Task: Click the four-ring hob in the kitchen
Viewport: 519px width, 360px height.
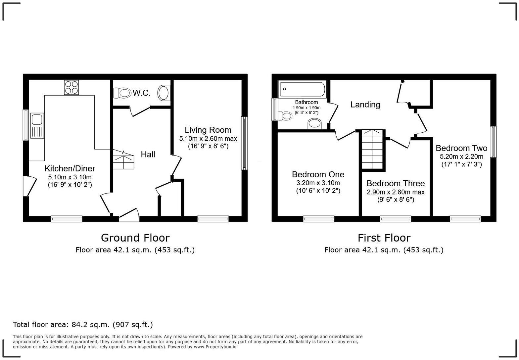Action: pyautogui.click(x=72, y=87)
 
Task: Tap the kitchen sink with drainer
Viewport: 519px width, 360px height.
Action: pyautogui.click(x=37, y=125)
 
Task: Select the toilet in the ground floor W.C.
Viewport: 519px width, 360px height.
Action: pyautogui.click(x=122, y=93)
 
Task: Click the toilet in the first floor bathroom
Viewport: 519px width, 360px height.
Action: pyautogui.click(x=285, y=116)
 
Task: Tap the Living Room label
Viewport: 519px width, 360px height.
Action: pyautogui.click(x=208, y=130)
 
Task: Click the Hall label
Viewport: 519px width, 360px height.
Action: pyautogui.click(x=148, y=155)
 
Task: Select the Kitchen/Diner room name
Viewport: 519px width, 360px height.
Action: pyautogui.click(x=70, y=168)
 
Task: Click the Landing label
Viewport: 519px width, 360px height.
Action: pyautogui.click(x=365, y=105)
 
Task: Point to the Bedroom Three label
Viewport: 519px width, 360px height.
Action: pyautogui.click(x=396, y=183)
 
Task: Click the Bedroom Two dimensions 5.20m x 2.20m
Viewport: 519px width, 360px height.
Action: pyautogui.click(x=461, y=157)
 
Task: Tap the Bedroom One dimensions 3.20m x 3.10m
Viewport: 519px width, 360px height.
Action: pyautogui.click(x=318, y=183)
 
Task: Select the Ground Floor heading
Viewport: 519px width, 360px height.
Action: pyautogui.click(x=135, y=238)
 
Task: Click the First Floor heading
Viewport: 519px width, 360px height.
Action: pyautogui.click(x=384, y=238)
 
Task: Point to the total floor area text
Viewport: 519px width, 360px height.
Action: pyautogui.click(x=83, y=325)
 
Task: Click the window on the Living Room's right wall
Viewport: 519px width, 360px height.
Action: pyautogui.click(x=244, y=143)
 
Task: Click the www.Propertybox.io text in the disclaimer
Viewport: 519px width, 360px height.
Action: pyautogui.click(x=215, y=347)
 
